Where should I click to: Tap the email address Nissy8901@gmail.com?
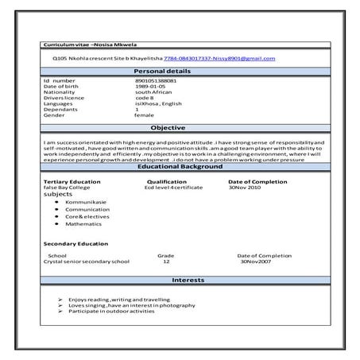pyautogui.click(x=246, y=59)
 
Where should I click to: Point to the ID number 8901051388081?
pyautogui.click(x=157, y=81)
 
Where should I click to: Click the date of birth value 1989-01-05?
pyautogui.click(x=151, y=87)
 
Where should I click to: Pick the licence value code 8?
pyautogui.click(x=145, y=98)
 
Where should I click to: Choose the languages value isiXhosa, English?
pyautogui.click(x=159, y=103)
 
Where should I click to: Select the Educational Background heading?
pyautogui.click(x=180, y=167)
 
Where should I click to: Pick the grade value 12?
pyautogui.click(x=166, y=261)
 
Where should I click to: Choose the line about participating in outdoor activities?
pyautogui.click(x=111, y=311)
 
